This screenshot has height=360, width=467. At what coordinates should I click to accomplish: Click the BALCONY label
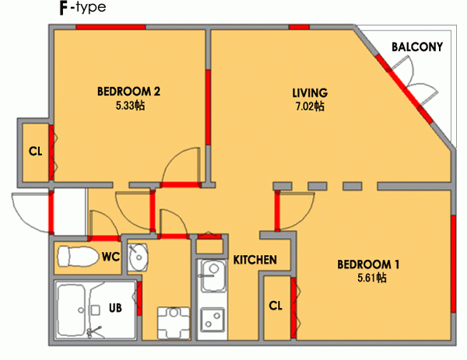coord(417,47)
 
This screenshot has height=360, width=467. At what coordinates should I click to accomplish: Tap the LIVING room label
coord(310,93)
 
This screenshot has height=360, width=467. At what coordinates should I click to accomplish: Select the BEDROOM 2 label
coord(128,91)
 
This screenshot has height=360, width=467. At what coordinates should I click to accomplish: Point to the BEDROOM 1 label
coord(368,264)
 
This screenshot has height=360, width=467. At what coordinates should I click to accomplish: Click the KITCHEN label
coord(255,260)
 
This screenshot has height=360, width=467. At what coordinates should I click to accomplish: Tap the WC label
coord(111,257)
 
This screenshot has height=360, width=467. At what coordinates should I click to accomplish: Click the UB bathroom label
coord(115,308)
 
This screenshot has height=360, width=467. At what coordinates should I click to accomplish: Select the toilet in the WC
coord(78,256)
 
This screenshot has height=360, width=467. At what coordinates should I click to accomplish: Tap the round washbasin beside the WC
coord(138,257)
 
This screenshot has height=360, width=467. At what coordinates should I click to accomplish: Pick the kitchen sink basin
coord(213,276)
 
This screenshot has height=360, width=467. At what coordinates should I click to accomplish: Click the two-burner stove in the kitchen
coord(212,320)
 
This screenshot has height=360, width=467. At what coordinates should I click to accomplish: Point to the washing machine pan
coord(174,323)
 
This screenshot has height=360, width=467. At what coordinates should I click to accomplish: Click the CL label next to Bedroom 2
coord(36,152)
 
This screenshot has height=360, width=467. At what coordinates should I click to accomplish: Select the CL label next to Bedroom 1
coord(276,306)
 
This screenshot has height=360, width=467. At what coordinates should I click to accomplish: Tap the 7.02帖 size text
coord(310,107)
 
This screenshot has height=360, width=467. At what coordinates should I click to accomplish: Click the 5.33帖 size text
coord(130,105)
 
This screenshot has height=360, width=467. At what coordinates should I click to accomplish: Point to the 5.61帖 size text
coord(372,278)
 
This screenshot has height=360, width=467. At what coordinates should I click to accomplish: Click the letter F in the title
coord(64,9)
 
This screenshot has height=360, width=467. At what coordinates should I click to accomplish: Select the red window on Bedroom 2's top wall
coord(111,27)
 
